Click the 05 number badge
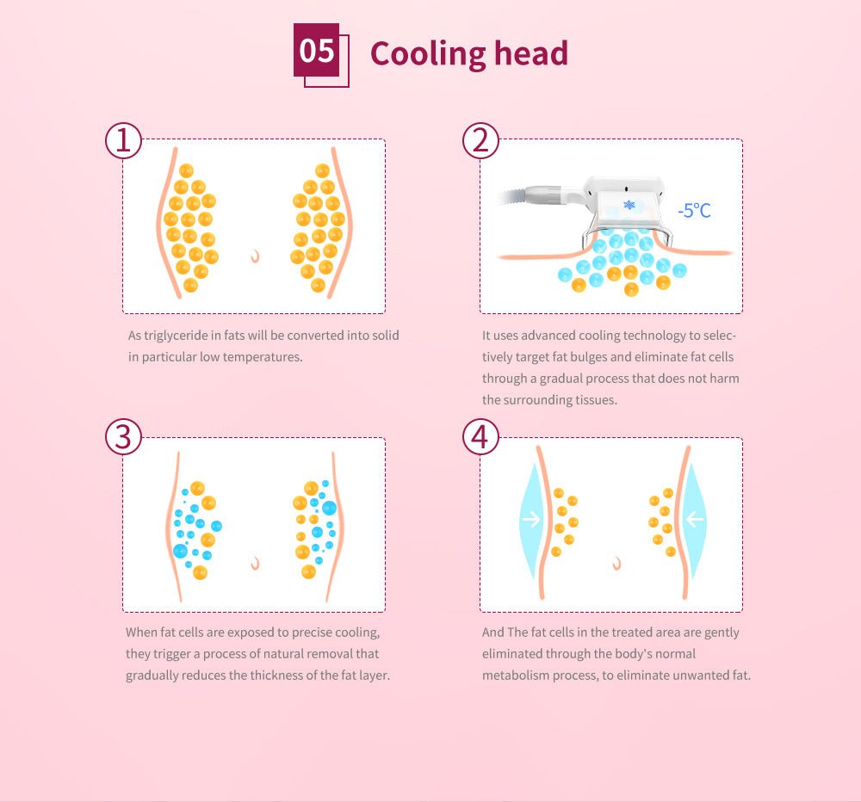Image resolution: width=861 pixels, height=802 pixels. click(316, 50)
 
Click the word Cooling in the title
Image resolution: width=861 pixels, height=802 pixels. click(428, 54)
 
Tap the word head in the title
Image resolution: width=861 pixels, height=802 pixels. click(531, 52)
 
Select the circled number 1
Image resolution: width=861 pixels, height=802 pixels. click(123, 140)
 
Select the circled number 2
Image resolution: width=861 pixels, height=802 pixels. click(480, 140)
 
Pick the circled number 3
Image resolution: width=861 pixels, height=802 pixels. click(123, 437)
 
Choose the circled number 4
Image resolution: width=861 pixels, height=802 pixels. click(480, 437)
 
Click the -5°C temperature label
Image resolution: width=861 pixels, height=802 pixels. click(694, 210)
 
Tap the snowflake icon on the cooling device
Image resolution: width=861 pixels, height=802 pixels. click(629, 205)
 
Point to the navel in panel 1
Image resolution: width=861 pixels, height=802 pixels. click(256, 256)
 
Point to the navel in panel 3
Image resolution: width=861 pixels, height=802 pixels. click(256, 564)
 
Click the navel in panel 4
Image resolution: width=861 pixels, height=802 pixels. click(616, 564)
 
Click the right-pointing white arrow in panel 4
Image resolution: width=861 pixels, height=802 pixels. click(531, 519)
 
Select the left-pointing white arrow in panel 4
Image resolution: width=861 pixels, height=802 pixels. click(695, 519)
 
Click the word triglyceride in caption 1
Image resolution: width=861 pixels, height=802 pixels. click(177, 336)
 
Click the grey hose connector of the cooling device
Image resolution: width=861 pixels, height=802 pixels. click(543, 194)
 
